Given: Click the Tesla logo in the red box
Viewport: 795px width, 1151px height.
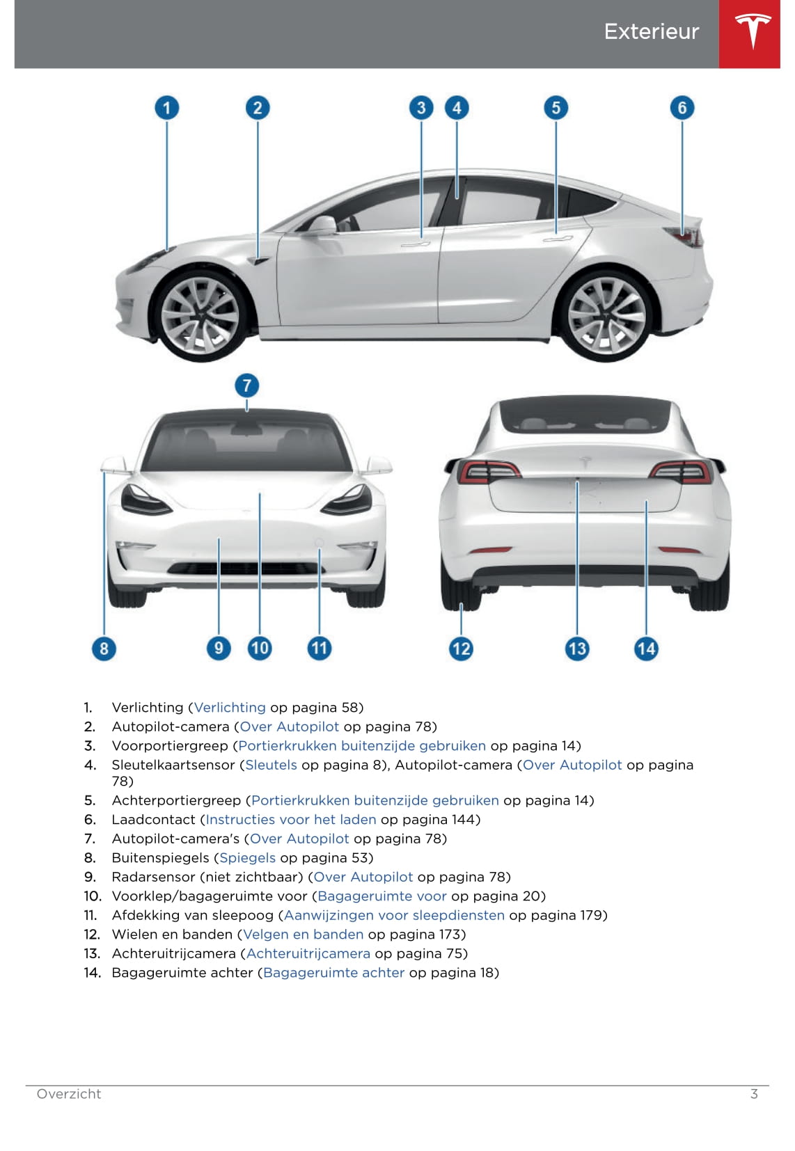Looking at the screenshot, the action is point(753,31).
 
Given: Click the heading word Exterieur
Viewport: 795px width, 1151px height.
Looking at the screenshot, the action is point(651,32).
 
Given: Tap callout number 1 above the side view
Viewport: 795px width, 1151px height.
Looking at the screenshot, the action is point(166,108).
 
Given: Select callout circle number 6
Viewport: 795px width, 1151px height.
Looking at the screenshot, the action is point(682,108).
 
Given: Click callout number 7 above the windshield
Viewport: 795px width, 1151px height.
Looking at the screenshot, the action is point(246,386).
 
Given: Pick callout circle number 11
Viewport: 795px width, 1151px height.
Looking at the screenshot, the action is point(319,648).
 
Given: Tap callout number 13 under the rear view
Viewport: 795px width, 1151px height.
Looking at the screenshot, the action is point(577,649).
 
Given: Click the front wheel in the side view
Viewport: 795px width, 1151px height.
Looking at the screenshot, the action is point(200,316).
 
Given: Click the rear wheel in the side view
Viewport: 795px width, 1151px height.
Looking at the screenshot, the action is point(606,316).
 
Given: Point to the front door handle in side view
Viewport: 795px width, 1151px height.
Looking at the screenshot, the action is point(415,244).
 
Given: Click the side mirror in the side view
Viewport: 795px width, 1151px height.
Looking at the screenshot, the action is point(321,225).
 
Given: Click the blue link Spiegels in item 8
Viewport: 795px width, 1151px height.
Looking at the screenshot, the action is point(247,857).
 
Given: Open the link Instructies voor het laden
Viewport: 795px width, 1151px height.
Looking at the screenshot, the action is point(291,819).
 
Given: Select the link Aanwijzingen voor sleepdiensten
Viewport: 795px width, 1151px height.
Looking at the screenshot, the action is point(394,915).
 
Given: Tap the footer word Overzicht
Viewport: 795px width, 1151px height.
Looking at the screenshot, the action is point(69,1093).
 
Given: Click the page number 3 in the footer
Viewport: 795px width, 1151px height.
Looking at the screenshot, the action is point(754,1093).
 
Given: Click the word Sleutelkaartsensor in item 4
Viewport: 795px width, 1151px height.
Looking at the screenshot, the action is point(174,765).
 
